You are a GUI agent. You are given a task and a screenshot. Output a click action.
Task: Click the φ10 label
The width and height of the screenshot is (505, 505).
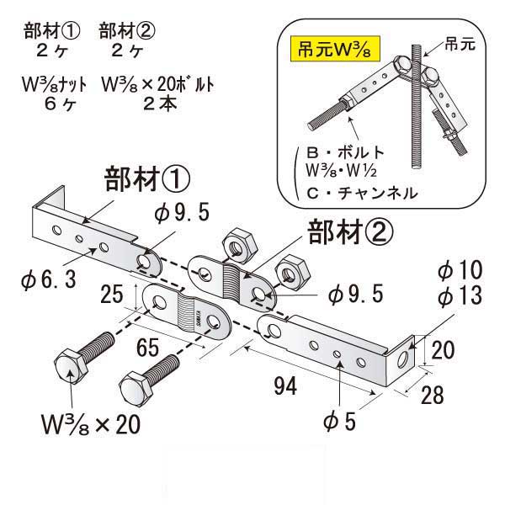pyautogui.click(x=459, y=271)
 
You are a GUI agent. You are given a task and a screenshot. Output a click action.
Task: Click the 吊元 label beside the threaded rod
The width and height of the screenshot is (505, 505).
pyautogui.click(x=462, y=40)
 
